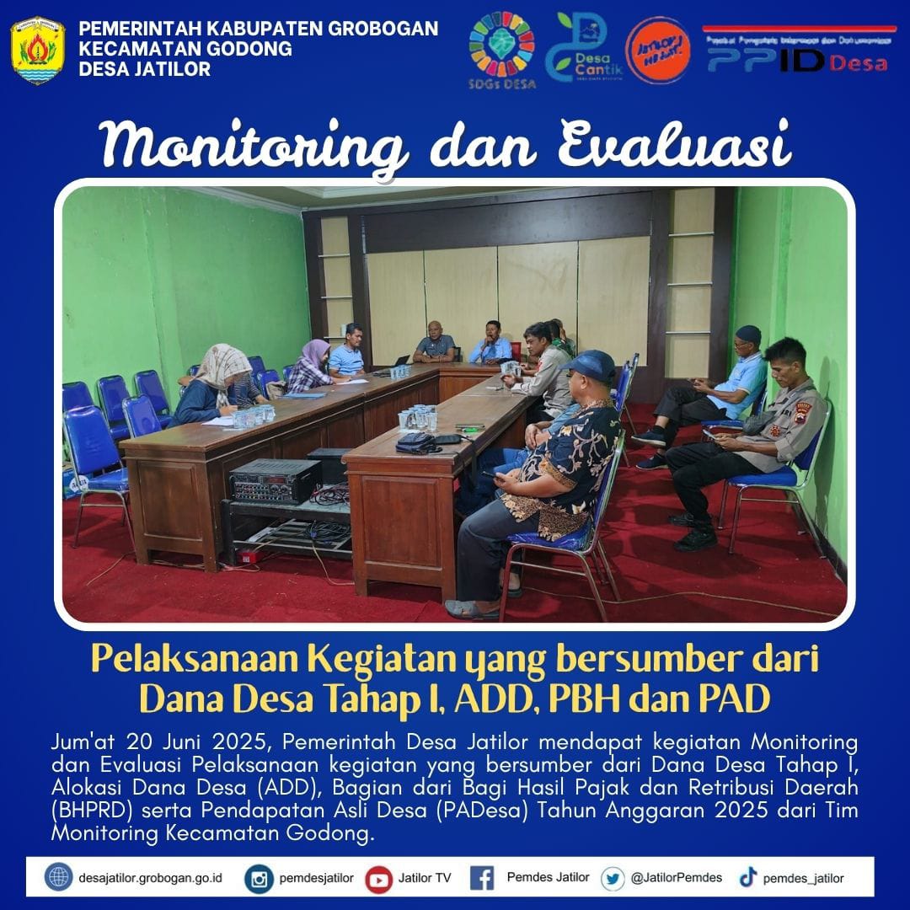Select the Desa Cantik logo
coord(581,46)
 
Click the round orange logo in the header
coord(658,49)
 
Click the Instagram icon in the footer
coord(260,878)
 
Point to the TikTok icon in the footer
coord(747,878)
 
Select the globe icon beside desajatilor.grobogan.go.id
coord(58,878)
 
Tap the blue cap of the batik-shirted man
coord(591,365)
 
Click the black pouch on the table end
coord(417,441)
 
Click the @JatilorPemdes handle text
coord(676,878)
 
